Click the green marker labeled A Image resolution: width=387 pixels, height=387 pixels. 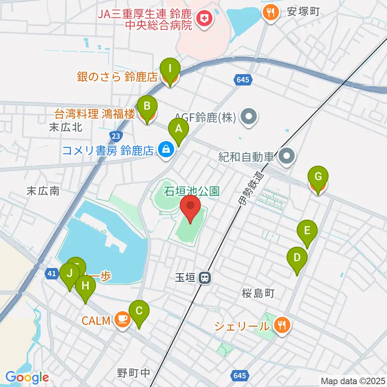pyautogui.click(x=179, y=130)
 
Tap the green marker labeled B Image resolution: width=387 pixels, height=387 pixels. pyautogui.click(x=148, y=107)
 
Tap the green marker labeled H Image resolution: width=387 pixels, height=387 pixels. pyautogui.click(x=85, y=287)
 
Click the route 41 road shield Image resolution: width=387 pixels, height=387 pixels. pyautogui.click(x=51, y=274)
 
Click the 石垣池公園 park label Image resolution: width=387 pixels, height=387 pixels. pyautogui.click(x=191, y=190)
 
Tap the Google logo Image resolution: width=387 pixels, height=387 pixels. pyautogui.click(x=27, y=377)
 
